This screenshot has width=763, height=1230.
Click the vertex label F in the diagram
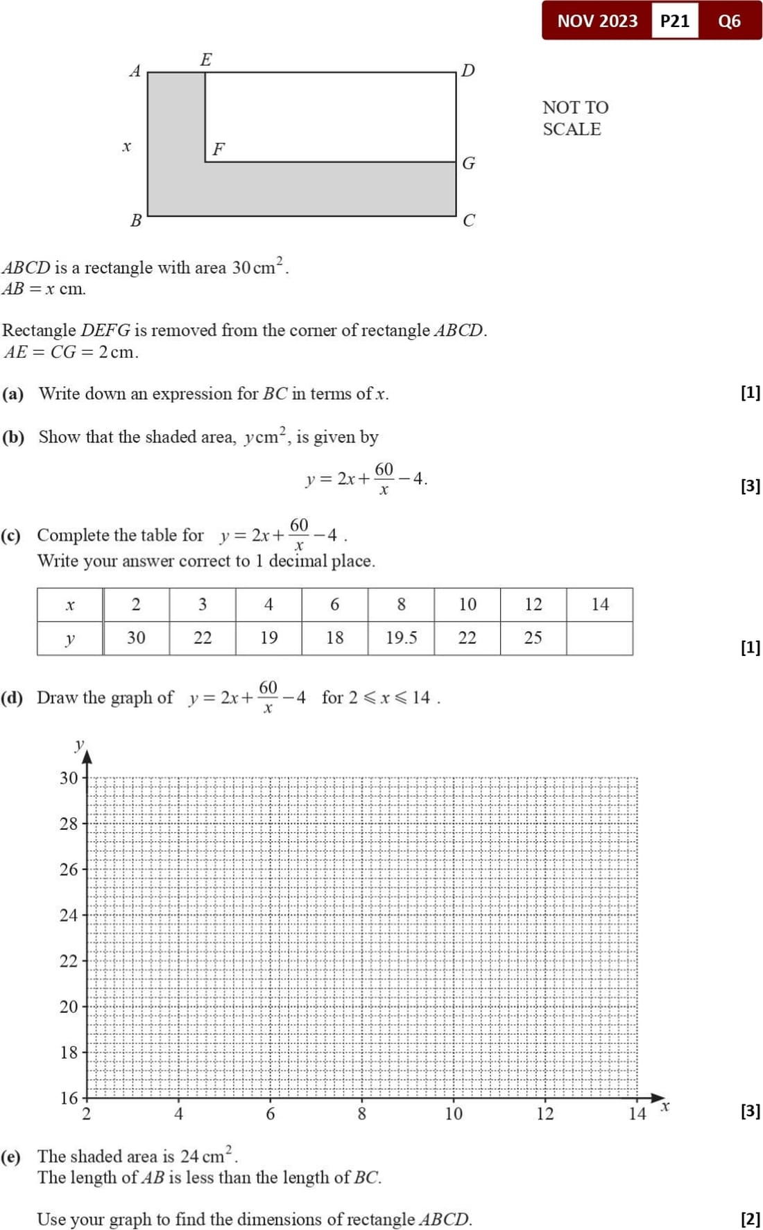click(218, 149)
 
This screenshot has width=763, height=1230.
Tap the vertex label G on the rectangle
click(469, 163)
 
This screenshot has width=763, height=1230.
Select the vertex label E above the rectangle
click(206, 60)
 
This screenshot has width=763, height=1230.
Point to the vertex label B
click(136, 220)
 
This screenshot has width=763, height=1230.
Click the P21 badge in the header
click(674, 21)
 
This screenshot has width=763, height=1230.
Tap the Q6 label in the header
click(729, 21)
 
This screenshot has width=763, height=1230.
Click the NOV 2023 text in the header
click(597, 21)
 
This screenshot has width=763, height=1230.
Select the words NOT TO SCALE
click(574, 118)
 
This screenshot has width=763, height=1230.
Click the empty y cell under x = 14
click(599, 638)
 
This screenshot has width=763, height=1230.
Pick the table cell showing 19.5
click(401, 638)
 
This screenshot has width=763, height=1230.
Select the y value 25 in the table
click(533, 638)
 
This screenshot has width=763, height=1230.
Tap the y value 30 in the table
click(136, 638)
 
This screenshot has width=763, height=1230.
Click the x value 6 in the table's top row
click(334, 605)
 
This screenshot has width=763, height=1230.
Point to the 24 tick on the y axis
click(68, 915)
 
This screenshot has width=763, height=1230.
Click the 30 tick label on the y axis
click(68, 778)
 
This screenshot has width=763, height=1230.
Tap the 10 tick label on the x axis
click(453, 1114)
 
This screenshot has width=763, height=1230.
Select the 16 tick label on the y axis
click(68, 1098)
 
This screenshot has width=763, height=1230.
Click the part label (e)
click(11, 1157)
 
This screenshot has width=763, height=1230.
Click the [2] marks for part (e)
click(750, 1218)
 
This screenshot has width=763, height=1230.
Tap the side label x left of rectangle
click(126, 146)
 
